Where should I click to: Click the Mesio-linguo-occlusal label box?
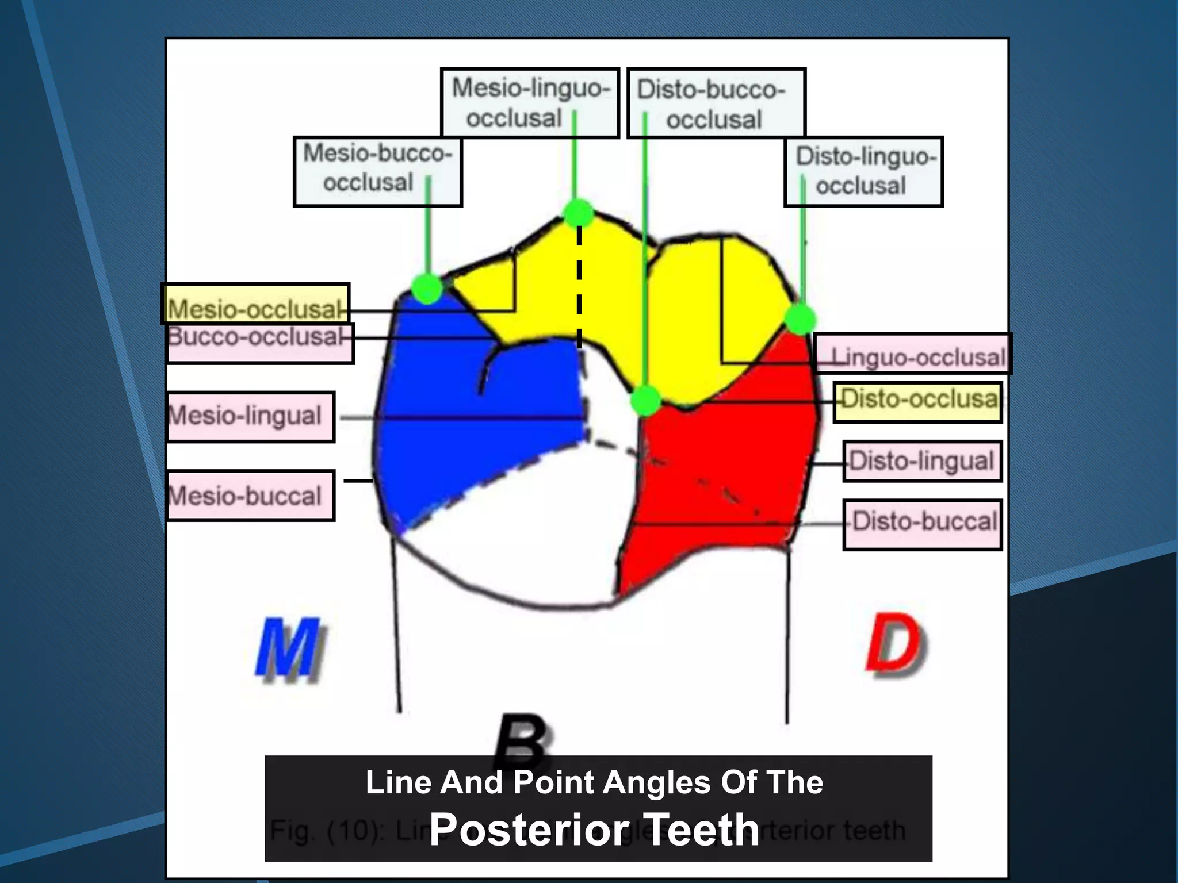(x=529, y=103)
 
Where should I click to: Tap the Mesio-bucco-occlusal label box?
(x=377, y=171)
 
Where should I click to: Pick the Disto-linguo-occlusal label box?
(x=863, y=171)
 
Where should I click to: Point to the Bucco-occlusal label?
(x=259, y=343)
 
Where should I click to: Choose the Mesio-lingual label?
(x=250, y=417)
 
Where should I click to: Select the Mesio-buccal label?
(x=250, y=496)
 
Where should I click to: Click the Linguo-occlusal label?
(x=913, y=354)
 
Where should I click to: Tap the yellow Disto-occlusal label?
(x=917, y=402)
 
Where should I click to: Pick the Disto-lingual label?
(x=922, y=461)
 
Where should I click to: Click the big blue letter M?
(x=289, y=650)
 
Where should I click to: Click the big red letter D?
(x=896, y=645)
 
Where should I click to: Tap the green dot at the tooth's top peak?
(x=579, y=213)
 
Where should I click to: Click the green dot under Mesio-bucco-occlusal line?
(x=427, y=289)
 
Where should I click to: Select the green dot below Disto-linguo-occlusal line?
(x=800, y=318)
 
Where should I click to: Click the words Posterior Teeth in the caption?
(x=594, y=829)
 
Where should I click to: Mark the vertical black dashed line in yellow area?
(x=579, y=287)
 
